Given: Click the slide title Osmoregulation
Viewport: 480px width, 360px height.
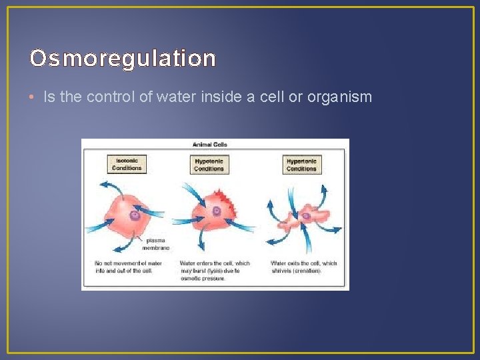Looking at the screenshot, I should pos(123,59).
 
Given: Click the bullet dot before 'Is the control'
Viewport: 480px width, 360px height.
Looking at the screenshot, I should pos(33,97).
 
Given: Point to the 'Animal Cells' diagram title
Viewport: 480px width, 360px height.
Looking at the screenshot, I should pos(209,145).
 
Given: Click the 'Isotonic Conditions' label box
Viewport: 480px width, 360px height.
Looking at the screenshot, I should pos(127,164).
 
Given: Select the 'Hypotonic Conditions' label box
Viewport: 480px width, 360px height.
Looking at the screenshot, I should pos(209,165).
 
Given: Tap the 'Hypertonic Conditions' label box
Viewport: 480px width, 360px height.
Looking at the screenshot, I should pos(301,165).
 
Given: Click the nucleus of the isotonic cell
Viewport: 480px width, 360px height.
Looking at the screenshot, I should pos(135,215).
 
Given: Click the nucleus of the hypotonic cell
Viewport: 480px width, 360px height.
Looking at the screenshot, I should pos(216,211).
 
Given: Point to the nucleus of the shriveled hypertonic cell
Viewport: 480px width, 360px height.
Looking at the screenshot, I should pos(306,215).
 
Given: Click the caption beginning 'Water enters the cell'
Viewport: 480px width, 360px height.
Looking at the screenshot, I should pos(215,271).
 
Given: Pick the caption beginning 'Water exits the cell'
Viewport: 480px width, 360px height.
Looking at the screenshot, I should pos(304,267).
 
